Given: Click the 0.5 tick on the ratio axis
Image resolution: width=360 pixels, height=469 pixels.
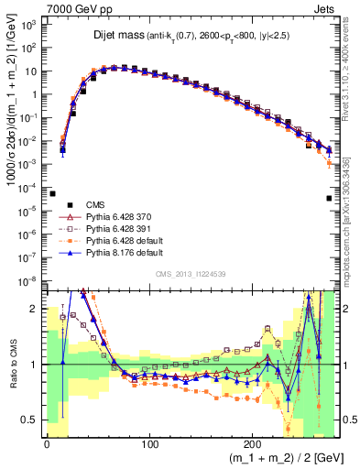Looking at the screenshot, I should [32, 420].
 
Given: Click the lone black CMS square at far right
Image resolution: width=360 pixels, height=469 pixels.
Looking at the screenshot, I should [329, 198].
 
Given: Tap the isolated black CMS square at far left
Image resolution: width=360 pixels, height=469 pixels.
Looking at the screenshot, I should [52, 194].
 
